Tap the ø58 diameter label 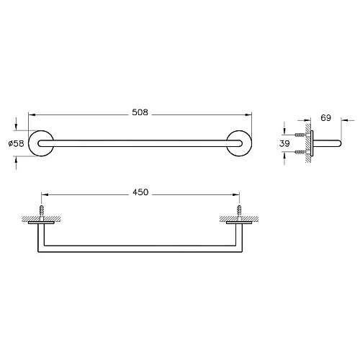coord(17,144)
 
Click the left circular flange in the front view coord(40,144)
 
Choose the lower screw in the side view coord(302,153)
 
